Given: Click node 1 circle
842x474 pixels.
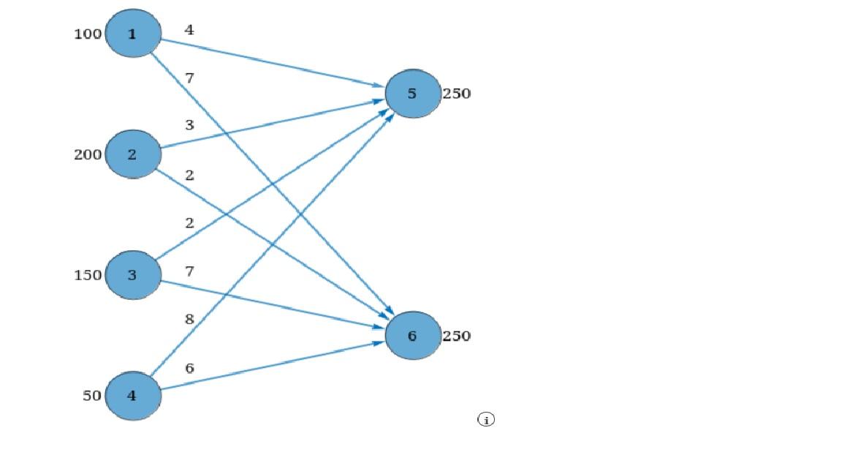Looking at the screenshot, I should [133, 34].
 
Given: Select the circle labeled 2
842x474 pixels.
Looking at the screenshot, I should [133, 154].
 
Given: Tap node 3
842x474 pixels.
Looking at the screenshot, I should [133, 275].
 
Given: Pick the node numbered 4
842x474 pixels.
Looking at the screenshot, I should [133, 396].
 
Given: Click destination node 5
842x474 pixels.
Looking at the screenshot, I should [413, 94].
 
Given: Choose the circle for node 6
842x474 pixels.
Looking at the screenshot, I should [413, 336].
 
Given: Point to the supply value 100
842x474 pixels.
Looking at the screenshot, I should [88, 34].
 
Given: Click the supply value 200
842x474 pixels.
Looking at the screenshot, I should [88, 154].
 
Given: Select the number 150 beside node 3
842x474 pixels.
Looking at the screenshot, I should [88, 275].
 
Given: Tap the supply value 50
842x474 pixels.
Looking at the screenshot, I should [92, 396].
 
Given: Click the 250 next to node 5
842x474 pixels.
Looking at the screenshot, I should [456, 94].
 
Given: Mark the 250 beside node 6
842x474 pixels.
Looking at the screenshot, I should [456, 336].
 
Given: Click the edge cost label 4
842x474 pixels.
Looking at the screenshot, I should [189, 30].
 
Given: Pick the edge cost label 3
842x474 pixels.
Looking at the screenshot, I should [189, 125].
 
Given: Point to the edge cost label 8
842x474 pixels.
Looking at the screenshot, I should [189, 319].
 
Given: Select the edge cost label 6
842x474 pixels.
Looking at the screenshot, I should [189, 368].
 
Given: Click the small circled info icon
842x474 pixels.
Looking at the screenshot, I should [486, 419].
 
